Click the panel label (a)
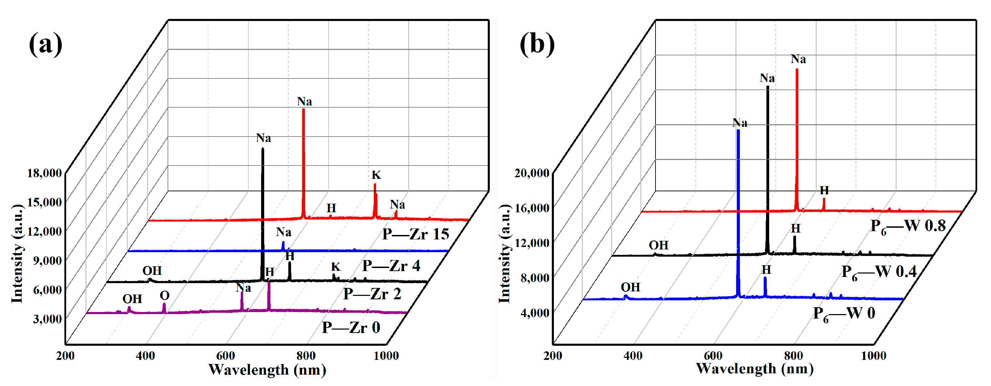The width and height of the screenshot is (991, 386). (45, 44)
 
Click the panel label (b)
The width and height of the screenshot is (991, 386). (537, 44)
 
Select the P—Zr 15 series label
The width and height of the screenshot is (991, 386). (415, 234)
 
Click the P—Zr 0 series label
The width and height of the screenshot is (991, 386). (351, 327)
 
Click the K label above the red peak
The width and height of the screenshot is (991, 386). (376, 175)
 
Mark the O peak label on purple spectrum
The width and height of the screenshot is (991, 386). (165, 296)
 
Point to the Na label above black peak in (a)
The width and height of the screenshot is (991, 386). (264, 138)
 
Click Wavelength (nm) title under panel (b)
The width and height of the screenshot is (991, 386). (755, 368)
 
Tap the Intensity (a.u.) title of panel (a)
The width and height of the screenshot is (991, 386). (17, 254)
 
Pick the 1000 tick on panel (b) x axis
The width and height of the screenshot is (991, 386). (873, 355)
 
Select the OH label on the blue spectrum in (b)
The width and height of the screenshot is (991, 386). (630, 287)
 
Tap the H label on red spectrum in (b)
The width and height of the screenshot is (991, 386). (824, 190)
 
